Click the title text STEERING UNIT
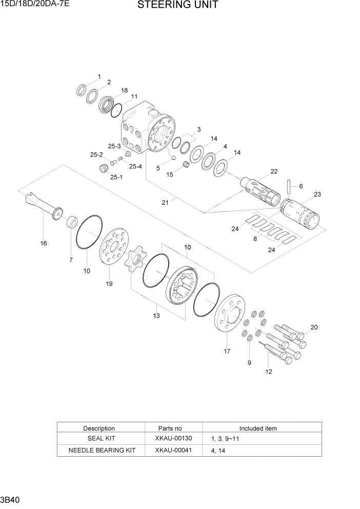click(x=177, y=6)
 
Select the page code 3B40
click(x=11, y=499)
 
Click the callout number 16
click(x=44, y=243)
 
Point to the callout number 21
click(x=165, y=203)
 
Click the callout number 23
click(x=317, y=194)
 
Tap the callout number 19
click(x=109, y=283)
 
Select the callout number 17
click(x=227, y=351)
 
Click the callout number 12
click(x=268, y=371)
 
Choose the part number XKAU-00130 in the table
click(x=173, y=439)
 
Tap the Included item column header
click(x=258, y=428)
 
